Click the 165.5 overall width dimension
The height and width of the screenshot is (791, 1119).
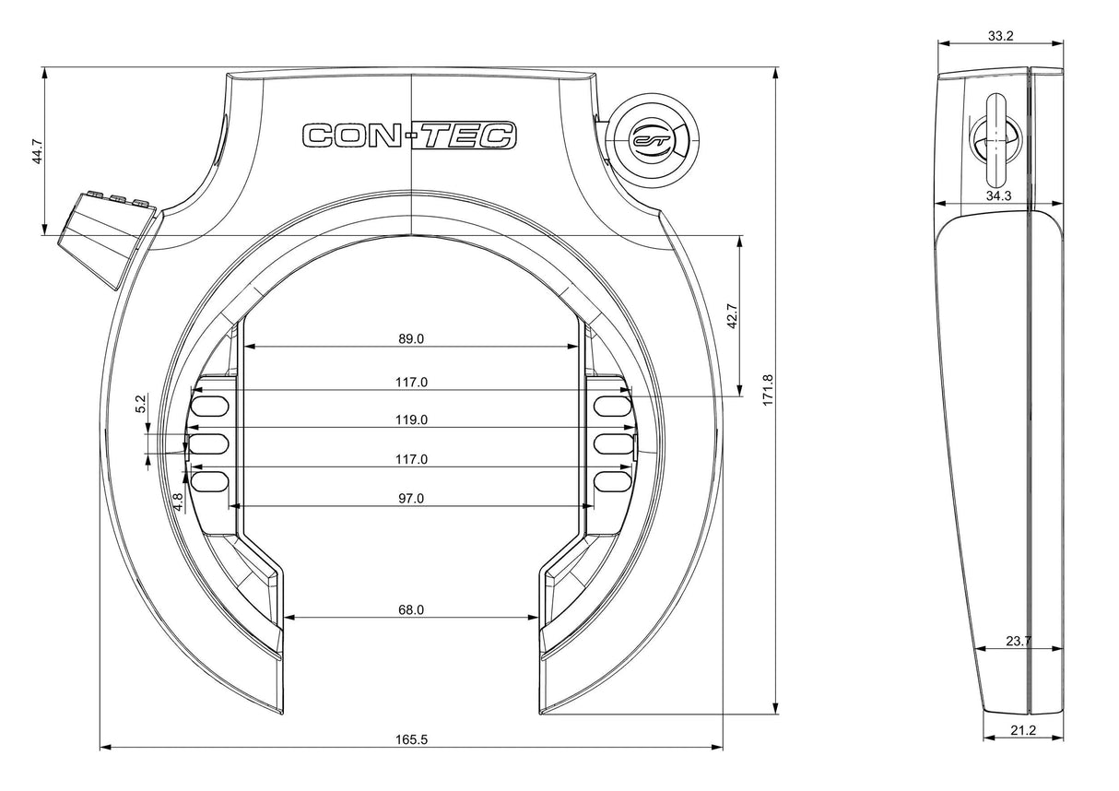(412, 739)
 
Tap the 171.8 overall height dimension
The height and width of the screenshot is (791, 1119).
(768, 390)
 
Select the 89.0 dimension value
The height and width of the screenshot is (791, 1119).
(411, 338)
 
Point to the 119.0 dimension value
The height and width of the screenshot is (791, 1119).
(412, 419)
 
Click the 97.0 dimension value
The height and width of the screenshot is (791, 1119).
(411, 498)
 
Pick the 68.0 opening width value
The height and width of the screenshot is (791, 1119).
(411, 609)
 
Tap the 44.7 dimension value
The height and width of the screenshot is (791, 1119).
(37, 151)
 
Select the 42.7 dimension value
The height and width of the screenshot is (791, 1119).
(733, 316)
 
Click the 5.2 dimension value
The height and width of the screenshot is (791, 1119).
(141, 404)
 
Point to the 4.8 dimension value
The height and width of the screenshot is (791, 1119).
(178, 502)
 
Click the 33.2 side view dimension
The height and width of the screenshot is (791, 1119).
(1001, 36)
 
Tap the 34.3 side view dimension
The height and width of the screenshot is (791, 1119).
(998, 195)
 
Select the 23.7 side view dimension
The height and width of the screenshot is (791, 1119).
(1019, 641)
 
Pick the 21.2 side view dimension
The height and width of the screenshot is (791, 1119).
(1023, 730)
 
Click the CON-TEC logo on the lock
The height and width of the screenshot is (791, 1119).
(409, 136)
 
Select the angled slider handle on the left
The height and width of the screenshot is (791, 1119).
(108, 237)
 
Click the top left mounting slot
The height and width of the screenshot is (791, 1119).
(210, 406)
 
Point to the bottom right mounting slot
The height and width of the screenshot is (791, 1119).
(612, 481)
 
